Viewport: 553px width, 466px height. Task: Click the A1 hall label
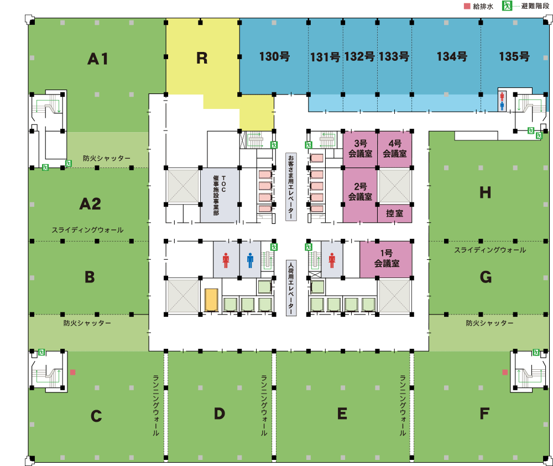point(98,59)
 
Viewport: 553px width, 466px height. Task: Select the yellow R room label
point(202,58)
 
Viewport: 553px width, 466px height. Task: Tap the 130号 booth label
point(274,56)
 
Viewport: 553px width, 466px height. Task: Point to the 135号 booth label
point(514,56)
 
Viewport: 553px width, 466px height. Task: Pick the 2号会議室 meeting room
point(360,192)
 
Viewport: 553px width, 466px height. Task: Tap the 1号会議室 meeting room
point(386,259)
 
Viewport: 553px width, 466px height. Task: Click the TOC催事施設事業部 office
point(220,195)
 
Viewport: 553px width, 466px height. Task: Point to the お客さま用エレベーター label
point(291,187)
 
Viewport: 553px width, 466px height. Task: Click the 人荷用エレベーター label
point(291,289)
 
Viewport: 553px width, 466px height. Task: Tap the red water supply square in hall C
point(72,373)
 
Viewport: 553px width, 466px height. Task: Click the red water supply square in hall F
point(504,373)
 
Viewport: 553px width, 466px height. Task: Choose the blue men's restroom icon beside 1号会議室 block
point(250,260)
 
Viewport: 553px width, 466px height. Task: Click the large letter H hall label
point(485,192)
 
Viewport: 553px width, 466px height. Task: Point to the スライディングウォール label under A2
point(87,230)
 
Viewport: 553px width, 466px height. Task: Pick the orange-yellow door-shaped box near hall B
point(211,300)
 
